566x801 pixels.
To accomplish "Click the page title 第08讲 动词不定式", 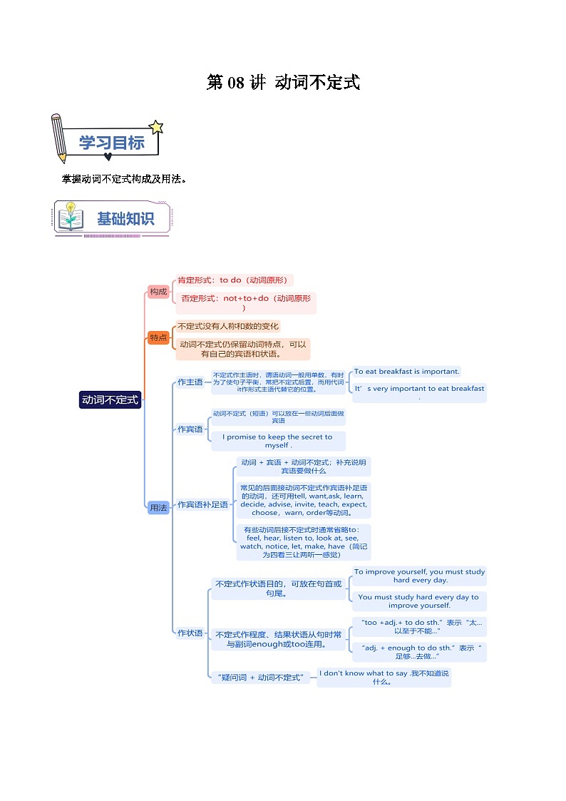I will pyautogui.click(x=283, y=83).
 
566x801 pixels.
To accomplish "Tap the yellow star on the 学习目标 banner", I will pyautogui.click(x=156, y=128).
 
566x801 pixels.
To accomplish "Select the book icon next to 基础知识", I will pyautogui.click(x=71, y=218).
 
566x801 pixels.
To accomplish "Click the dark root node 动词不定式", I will pyautogui.click(x=110, y=400).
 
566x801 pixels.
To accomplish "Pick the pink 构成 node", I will pyautogui.click(x=158, y=291).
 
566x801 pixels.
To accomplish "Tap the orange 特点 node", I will pyautogui.click(x=158, y=337).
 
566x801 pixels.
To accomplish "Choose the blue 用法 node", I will pyautogui.click(x=158, y=508).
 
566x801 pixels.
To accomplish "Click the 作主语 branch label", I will pyautogui.click(x=190, y=382).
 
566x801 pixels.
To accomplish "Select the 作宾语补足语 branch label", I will pyautogui.click(x=202, y=504).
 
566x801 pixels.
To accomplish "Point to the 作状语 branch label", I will pyautogui.click(x=190, y=633).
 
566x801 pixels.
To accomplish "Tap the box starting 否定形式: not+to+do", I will pyautogui.click(x=245, y=303).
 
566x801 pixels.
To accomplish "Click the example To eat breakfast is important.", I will pyautogui.click(x=406, y=371).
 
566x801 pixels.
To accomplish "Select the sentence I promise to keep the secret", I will pyautogui.click(x=277, y=441).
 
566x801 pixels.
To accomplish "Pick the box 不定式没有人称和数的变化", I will pyautogui.click(x=228, y=326).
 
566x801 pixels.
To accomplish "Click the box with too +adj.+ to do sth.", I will pyautogui.click(x=419, y=626).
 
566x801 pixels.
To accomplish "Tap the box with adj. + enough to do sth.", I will pyautogui.click(x=419, y=652).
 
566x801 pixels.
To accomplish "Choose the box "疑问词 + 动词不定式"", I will pyautogui.click(x=259, y=677).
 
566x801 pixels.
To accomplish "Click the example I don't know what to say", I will pyautogui.click(x=384, y=677).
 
